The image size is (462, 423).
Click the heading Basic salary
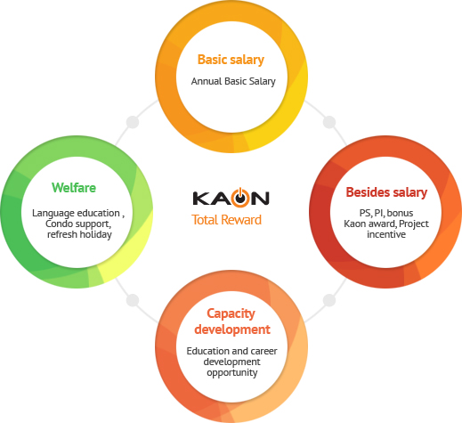231,60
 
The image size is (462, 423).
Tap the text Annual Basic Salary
233,81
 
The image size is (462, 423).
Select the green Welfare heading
74,188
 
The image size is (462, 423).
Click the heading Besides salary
386,192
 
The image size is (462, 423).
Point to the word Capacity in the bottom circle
231,314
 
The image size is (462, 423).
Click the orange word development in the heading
232,329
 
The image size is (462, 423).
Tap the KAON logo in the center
231,198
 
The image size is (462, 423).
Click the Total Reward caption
226,220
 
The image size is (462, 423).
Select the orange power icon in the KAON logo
240,198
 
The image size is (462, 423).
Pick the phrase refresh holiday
79,234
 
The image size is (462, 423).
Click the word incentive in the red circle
386,234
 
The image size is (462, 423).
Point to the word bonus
400,213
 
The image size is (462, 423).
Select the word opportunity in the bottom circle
232,373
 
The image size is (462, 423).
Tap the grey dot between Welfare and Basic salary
133,122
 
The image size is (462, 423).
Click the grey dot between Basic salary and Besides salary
329,122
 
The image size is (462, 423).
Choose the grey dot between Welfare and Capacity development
133,300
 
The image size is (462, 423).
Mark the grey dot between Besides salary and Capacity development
329,300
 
